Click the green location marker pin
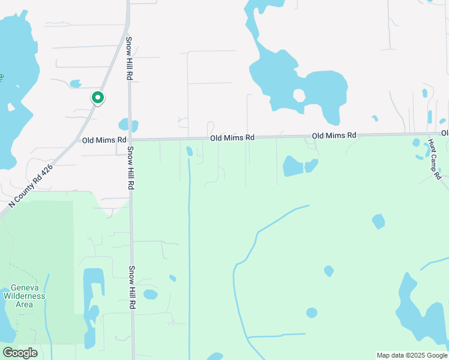click(x=97, y=98)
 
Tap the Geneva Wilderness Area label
click(x=24, y=296)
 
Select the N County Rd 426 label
click(x=31, y=187)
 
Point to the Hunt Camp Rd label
click(x=434, y=160)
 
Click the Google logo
click(x=20, y=353)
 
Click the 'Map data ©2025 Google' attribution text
click(x=412, y=355)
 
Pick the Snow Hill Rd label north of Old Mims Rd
click(x=128, y=59)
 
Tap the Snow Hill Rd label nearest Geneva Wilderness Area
click(x=131, y=287)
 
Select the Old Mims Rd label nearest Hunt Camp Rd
click(x=334, y=136)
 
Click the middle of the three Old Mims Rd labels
click(x=232, y=138)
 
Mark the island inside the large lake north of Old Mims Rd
click(x=298, y=95)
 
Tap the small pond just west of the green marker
click(x=75, y=84)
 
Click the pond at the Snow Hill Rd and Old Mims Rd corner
click(x=128, y=125)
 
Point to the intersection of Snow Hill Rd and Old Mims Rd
click(x=129, y=140)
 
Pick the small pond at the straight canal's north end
click(x=190, y=151)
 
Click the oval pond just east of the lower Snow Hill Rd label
click(x=150, y=295)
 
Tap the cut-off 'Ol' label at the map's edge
click(x=445, y=133)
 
